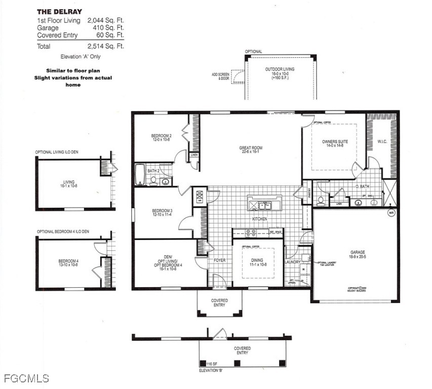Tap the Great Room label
pos(251,150)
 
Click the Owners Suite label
pos(334,144)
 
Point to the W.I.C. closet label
pos(382,142)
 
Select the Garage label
pos(358,254)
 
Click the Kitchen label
pos(260,219)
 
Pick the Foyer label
pos(219,260)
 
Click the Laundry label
pos(292,262)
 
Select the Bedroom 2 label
pos(162,138)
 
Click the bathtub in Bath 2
pos(139,175)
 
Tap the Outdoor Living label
pos(280,72)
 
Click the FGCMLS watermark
pos(26,378)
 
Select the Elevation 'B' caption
pos(211,371)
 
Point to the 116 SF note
pos(212,364)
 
